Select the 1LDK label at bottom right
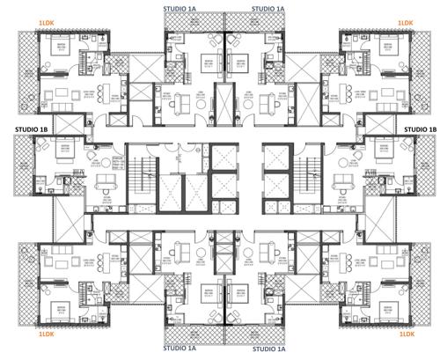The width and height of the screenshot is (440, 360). click(x=405, y=335)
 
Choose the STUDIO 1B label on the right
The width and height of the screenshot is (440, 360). click(x=420, y=129)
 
